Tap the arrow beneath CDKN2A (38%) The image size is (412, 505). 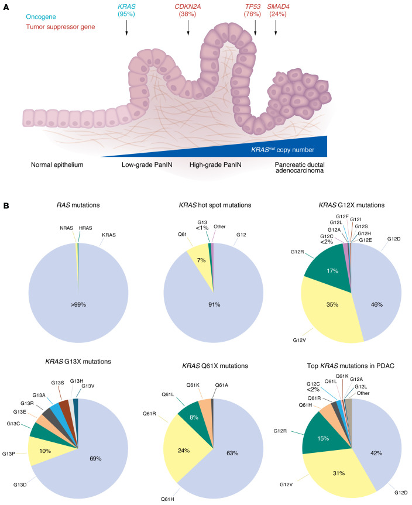(188, 28)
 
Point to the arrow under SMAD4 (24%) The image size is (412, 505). (276, 28)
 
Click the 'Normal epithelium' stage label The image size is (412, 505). (57, 164)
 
